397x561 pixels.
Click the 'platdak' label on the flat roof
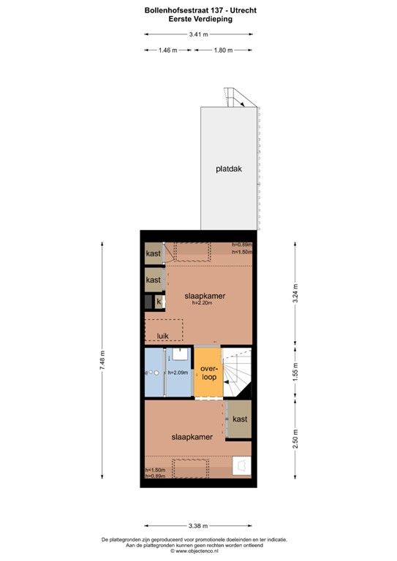(x=228, y=168)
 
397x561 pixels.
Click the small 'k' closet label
(x=159, y=301)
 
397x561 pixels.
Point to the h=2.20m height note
(x=201, y=303)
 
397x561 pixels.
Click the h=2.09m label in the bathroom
(x=178, y=373)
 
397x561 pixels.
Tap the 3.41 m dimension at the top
(x=198, y=34)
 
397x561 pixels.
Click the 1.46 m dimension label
(x=168, y=50)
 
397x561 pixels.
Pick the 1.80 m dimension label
(x=223, y=50)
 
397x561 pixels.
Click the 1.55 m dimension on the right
(x=295, y=373)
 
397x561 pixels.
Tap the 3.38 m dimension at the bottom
(x=198, y=526)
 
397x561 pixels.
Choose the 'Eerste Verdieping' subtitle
(x=198, y=20)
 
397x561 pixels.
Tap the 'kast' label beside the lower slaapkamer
(x=239, y=419)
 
